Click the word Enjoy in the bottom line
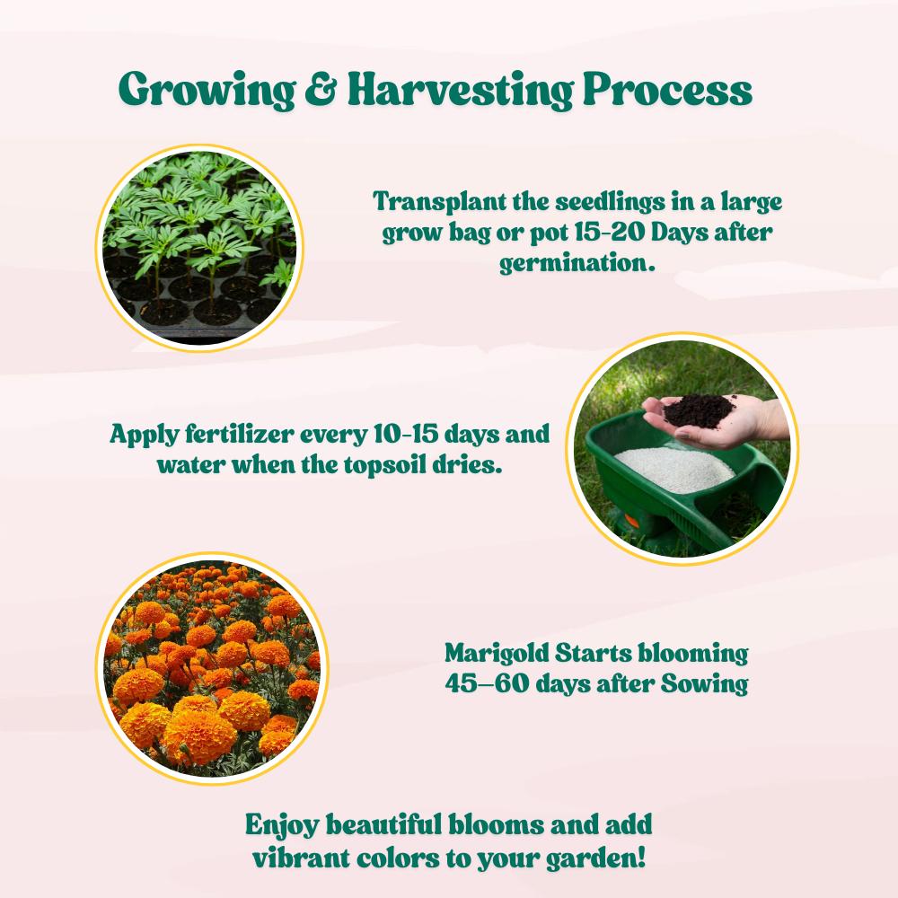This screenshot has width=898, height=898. pyautogui.click(x=282, y=824)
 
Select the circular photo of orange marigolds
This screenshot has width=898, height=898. pyautogui.click(x=211, y=670)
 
